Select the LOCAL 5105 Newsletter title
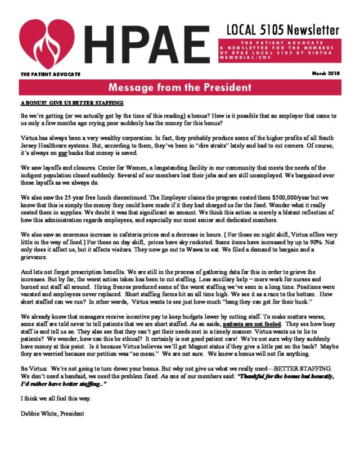tap(283, 29)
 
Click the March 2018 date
tap(326, 74)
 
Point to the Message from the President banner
tap(179, 88)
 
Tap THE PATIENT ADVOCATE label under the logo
tap(51, 74)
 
